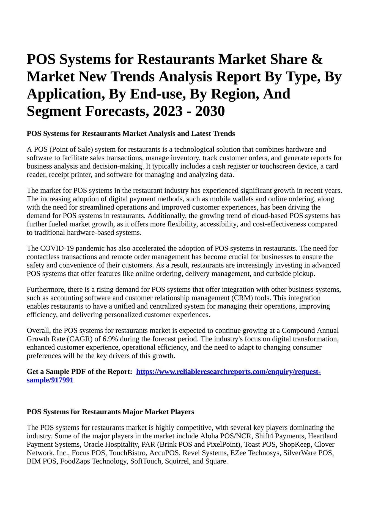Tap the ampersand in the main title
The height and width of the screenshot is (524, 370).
[317, 59]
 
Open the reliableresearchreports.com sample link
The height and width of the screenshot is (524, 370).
[228, 372]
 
